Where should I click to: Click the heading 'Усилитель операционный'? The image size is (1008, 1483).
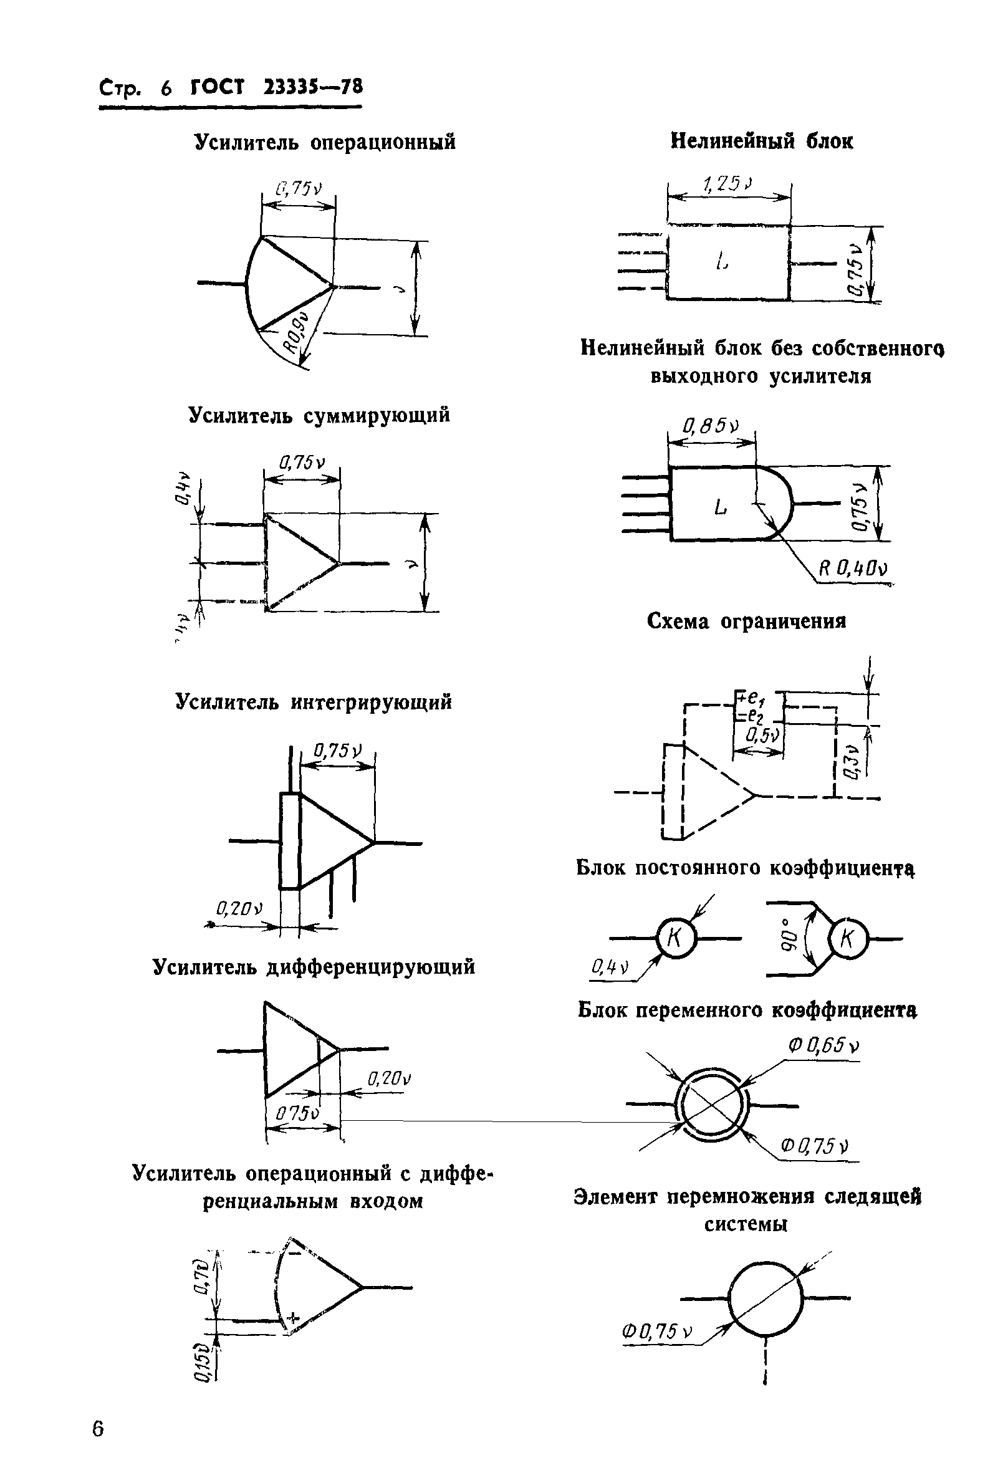tap(325, 142)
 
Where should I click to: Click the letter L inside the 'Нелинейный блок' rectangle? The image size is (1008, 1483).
tap(721, 261)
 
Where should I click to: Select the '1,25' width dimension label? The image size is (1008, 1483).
tap(727, 185)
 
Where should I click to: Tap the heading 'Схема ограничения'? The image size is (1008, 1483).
tap(746, 621)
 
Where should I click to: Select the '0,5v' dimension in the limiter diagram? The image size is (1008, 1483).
tap(762, 736)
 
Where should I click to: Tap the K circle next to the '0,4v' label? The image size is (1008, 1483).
tap(676, 939)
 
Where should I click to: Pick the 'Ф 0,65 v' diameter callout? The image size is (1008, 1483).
tap(823, 1046)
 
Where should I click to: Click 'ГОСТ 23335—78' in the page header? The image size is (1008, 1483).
tap(277, 87)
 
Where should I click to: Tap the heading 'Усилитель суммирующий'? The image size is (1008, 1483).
tap(319, 415)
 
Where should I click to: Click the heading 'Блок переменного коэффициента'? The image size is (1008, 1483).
tap(747, 1010)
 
